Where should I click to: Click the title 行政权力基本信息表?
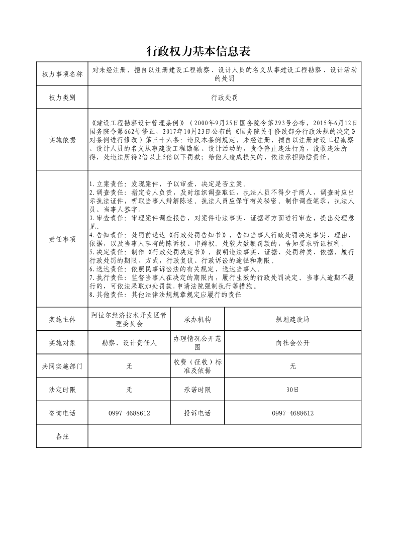198,51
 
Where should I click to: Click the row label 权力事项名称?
62,74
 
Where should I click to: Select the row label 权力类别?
62,98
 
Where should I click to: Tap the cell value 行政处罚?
224,98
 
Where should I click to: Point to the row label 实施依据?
62,140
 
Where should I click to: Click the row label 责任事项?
62,239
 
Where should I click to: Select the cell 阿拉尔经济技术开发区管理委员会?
129,319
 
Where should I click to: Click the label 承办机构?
197,319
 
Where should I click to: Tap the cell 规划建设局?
292,319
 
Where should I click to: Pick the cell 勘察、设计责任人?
129,343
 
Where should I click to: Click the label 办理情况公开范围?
197,343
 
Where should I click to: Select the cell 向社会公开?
292,343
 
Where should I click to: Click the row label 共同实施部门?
62,366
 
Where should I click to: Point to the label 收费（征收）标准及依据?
197,366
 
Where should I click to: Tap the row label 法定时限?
62,390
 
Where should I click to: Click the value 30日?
292,390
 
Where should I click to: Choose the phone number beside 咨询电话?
129,413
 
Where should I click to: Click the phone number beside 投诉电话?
292,413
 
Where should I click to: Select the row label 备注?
62,436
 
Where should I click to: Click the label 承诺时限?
197,390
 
